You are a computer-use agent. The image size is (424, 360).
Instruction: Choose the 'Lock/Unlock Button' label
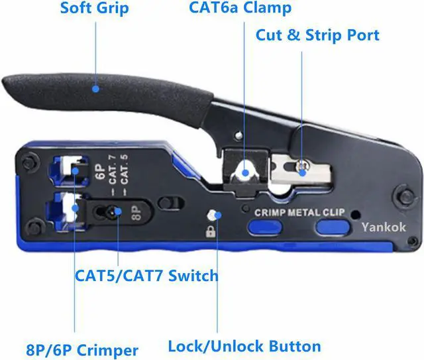(x=244, y=345)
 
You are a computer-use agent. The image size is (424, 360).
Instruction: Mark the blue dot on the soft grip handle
(x=95, y=87)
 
